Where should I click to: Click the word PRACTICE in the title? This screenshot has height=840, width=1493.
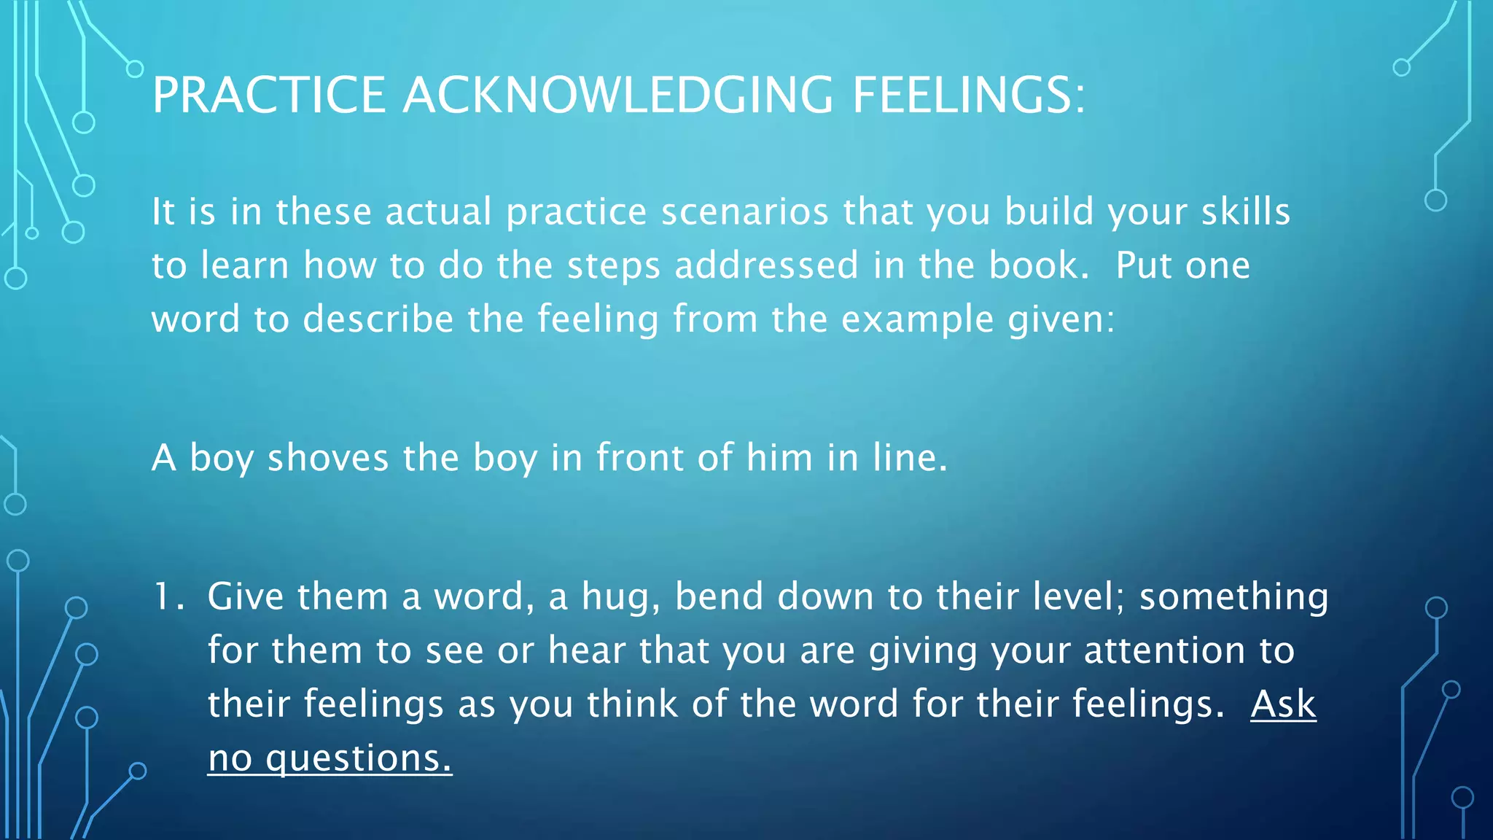tap(268, 96)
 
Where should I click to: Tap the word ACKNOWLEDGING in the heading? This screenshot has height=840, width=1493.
tap(617, 96)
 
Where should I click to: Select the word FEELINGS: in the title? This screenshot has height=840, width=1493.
tap(969, 96)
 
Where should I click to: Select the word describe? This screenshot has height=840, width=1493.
tap(378, 319)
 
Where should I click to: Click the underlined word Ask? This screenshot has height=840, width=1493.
tap(1283, 704)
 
